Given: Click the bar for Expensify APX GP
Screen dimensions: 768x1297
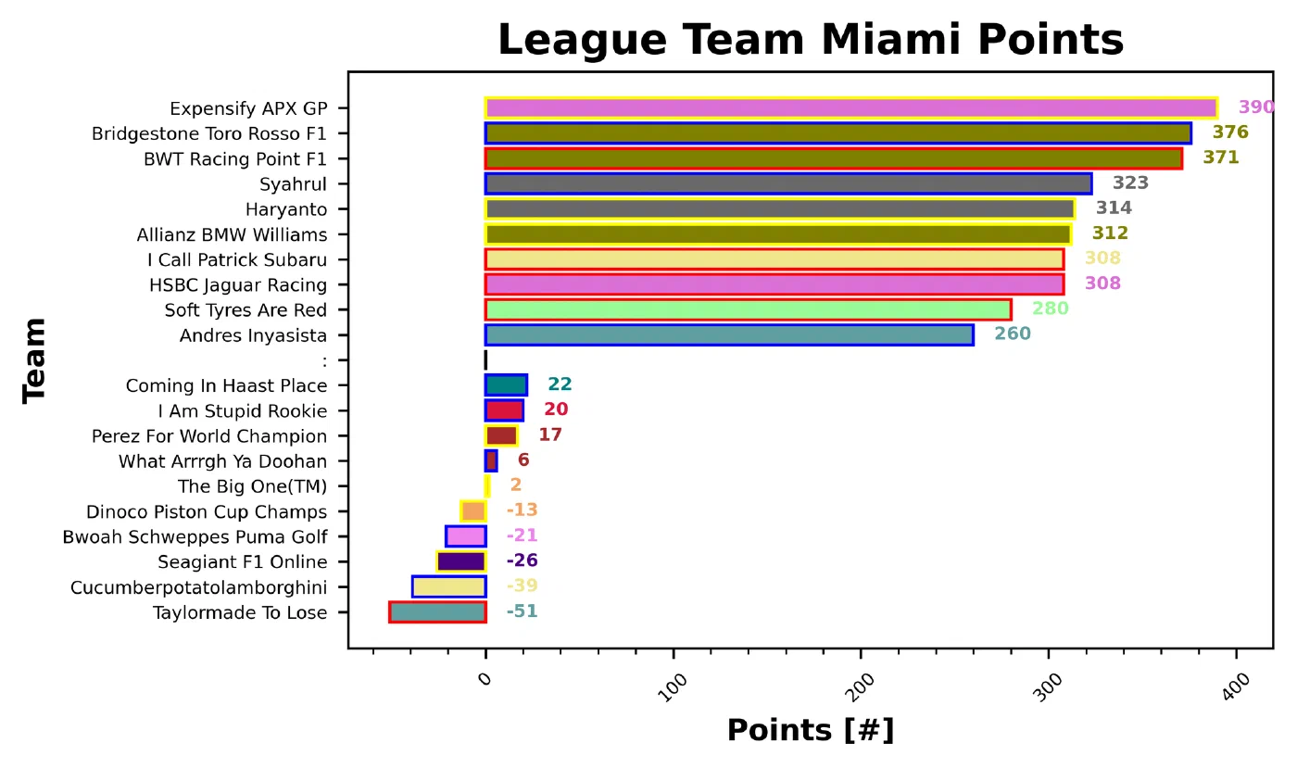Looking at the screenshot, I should click(850, 107).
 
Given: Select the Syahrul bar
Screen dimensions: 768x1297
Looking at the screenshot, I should click(787, 183).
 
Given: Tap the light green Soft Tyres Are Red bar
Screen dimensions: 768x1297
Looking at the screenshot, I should click(748, 309).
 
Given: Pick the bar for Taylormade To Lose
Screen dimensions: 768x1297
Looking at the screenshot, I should click(437, 611).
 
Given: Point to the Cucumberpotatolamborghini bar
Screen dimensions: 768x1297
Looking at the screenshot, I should click(448, 586).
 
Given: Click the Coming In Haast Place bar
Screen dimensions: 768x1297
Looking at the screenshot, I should click(506, 384).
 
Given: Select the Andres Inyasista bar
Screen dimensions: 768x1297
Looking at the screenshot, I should click(729, 334).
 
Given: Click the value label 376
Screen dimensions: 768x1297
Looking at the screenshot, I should click(1230, 132).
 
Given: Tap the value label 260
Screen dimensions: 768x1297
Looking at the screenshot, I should click(1012, 334).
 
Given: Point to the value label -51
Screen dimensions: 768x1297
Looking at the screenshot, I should click(522, 611).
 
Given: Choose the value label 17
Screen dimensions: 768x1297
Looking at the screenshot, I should click(550, 434).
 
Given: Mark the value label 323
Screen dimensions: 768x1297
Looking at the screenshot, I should click(1130, 183).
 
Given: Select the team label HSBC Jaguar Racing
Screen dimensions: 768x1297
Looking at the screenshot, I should click(237, 284).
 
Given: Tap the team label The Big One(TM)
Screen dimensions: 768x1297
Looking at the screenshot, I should click(252, 485).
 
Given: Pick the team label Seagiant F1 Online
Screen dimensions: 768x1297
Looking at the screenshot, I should click(242, 561).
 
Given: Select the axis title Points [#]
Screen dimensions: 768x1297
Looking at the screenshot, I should click(810, 730).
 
